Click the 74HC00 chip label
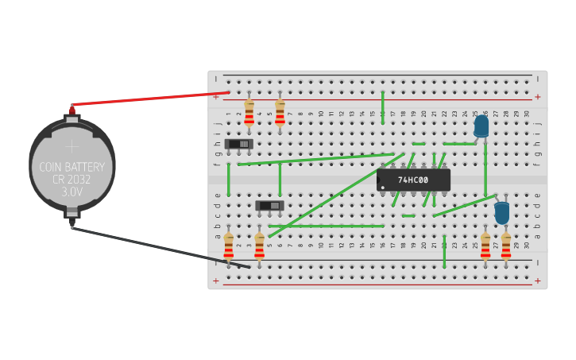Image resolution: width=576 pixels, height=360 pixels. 413,180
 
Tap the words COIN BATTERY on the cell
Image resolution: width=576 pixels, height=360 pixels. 72,167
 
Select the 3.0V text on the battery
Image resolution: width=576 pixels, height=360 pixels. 72,192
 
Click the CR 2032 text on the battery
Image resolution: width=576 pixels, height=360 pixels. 72,180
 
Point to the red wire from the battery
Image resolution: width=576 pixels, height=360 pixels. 151,99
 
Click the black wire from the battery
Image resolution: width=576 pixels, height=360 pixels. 159,247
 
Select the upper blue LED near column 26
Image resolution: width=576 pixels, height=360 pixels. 481,126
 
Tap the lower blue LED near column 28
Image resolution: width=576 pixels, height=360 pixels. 501,212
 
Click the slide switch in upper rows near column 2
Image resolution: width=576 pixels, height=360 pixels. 238,144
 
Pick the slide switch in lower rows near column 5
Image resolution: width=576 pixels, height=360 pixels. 269,206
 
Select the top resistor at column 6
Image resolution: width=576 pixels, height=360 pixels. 280,114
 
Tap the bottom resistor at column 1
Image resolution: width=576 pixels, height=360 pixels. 228,247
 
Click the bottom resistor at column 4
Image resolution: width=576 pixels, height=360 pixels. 259,246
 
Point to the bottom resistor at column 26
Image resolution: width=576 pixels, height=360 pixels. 485,246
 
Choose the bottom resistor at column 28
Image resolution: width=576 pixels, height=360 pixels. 506,246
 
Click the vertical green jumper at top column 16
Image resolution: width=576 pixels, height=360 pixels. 382,106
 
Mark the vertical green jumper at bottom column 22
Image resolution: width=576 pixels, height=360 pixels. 444,251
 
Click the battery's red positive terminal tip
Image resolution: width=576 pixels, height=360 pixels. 72,108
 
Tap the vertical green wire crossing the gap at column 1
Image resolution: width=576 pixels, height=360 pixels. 228,179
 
